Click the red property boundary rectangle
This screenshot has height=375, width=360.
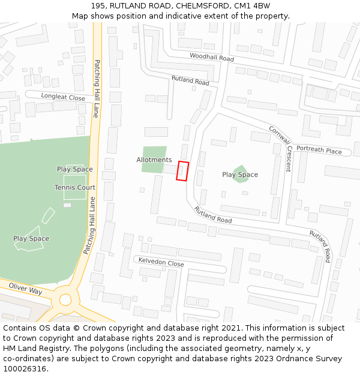coord(182,171)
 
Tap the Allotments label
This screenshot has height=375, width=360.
coord(154,160)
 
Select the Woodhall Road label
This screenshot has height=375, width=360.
coord(211,58)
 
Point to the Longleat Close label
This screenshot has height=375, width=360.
coord(63,97)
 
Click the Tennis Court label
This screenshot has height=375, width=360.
coord(75,188)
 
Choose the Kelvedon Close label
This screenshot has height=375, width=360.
coord(161,263)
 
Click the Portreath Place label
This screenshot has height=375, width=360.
coord(319,151)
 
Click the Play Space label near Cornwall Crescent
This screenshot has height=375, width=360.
coord(240,175)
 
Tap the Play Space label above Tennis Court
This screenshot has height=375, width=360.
coord(75,169)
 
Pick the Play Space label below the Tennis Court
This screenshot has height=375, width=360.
coord(31,239)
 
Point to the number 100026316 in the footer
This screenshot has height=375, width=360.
coord(25,369)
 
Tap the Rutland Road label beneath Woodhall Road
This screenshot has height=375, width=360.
coord(190,80)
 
